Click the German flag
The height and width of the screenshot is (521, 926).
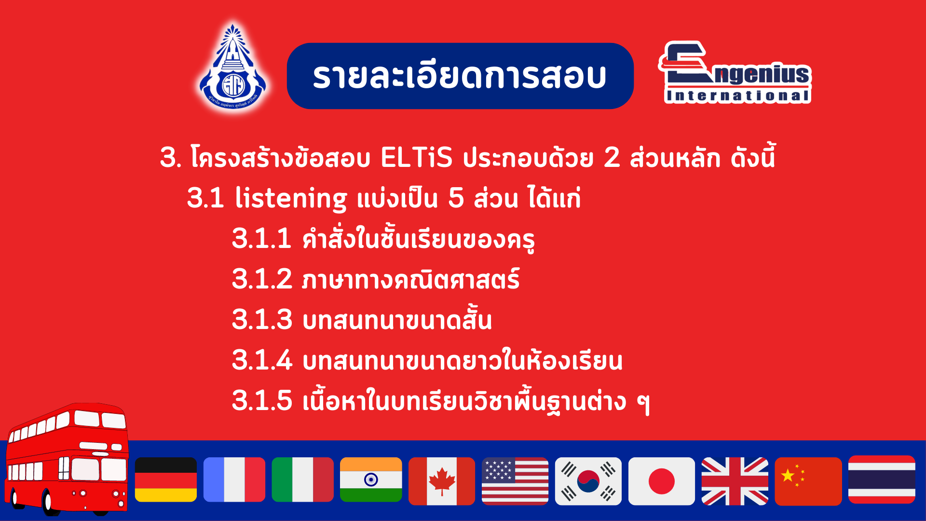[x=166, y=480]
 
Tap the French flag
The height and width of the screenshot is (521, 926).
[x=234, y=480]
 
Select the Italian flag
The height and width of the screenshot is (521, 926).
[x=303, y=480]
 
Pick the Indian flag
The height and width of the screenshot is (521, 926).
[x=371, y=480]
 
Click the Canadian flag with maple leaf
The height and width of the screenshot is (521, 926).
[x=442, y=481]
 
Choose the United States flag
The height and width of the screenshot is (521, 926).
[x=515, y=481]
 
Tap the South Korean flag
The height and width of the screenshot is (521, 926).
[x=588, y=481]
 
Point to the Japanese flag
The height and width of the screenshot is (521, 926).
[x=662, y=481]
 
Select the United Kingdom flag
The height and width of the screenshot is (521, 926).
[x=735, y=481]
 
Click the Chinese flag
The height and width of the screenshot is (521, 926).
[x=808, y=481]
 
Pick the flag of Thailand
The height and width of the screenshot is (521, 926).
[x=882, y=480]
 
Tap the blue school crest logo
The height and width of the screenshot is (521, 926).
[x=233, y=68]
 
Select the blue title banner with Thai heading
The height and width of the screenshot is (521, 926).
[x=460, y=76]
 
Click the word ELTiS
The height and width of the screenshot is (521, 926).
[x=417, y=157]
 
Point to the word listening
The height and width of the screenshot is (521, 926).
[x=291, y=198]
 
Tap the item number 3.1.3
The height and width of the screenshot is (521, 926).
[x=262, y=319]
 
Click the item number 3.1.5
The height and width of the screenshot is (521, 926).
[x=262, y=400]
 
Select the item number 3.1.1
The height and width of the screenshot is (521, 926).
[x=261, y=238]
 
